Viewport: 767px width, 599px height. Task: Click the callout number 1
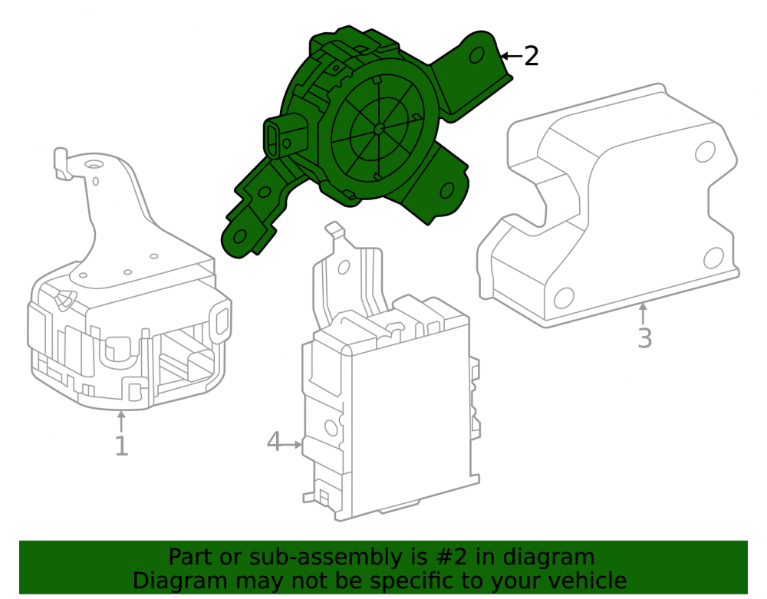[121, 446]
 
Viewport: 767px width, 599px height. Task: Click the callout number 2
[532, 56]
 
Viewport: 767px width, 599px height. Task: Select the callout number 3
[645, 338]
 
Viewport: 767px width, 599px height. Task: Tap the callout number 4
[274, 442]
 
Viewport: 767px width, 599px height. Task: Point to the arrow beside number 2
[512, 56]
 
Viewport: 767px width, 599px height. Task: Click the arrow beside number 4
[292, 445]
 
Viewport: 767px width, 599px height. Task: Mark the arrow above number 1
[121, 422]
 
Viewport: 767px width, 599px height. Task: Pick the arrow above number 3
[644, 314]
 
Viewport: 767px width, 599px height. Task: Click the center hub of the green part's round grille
[379, 129]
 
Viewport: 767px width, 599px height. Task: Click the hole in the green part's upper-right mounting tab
[477, 55]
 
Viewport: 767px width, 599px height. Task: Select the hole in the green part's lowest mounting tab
[239, 237]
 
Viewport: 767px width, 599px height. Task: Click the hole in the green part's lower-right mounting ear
[447, 190]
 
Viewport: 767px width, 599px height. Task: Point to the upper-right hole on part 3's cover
[705, 152]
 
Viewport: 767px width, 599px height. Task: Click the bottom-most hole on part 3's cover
[564, 298]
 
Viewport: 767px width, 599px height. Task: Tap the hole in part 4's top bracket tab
[344, 267]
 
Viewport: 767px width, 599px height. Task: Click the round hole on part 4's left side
[331, 428]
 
